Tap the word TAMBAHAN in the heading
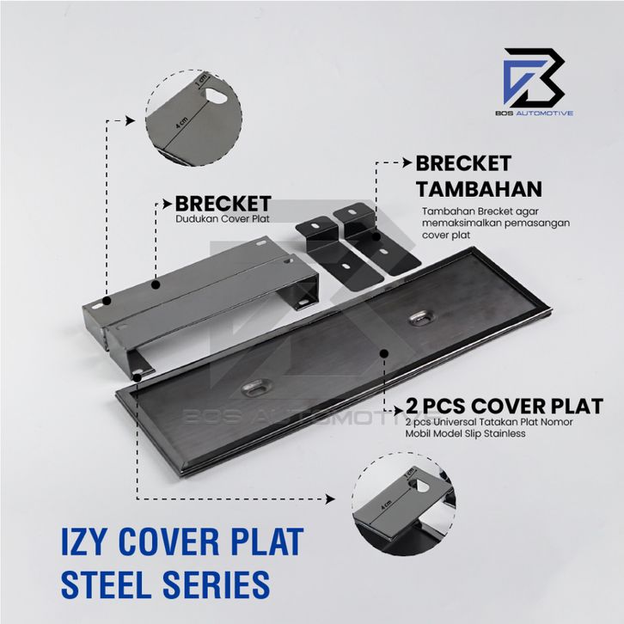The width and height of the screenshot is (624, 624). click(479, 189)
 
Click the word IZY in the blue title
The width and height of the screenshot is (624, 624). click(84, 541)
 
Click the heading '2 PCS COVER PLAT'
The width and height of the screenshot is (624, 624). click(505, 407)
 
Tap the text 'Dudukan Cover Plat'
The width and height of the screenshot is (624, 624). click(223, 219)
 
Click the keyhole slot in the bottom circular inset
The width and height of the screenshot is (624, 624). click(419, 486)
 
